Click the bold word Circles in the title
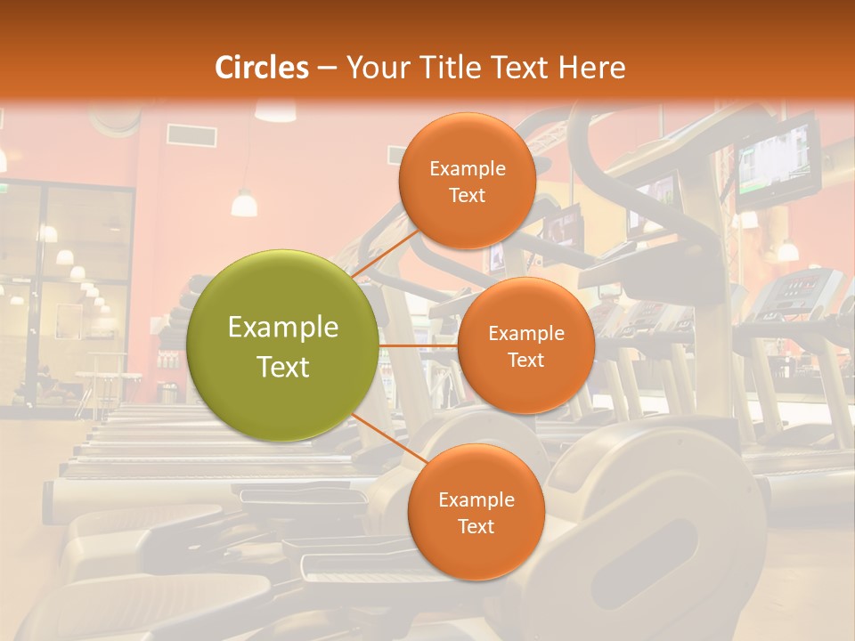pos(262,68)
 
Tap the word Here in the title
pos(592,68)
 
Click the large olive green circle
pos(282,345)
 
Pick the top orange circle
pos(467,181)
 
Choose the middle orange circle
pos(525,345)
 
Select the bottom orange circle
pos(476,512)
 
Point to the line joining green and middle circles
pos(418,345)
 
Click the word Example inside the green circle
pos(282,328)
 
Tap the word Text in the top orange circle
pos(467,195)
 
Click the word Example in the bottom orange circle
pos(476,499)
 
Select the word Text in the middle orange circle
pos(525,360)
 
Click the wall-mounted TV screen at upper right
pos(777,160)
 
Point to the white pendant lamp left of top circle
pos(244,204)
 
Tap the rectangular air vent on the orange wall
pos(191,135)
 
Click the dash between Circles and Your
pos(327,68)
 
